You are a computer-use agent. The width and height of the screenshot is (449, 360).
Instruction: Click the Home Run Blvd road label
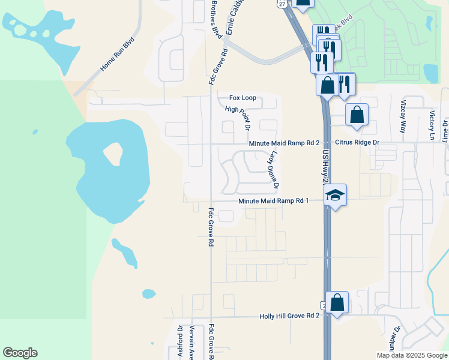click(x=118, y=55)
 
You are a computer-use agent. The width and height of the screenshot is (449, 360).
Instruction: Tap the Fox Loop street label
click(x=243, y=98)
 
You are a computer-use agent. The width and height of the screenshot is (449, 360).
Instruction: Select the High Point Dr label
click(x=237, y=118)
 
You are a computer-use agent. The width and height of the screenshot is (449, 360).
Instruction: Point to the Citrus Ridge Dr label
click(x=358, y=142)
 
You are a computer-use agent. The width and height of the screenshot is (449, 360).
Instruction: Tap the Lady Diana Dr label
click(x=274, y=168)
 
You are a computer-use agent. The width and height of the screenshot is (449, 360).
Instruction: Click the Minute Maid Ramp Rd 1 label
click(x=273, y=201)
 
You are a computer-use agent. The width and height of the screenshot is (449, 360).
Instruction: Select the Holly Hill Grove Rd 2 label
click(x=289, y=316)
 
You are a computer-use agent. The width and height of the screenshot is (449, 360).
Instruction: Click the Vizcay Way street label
click(x=403, y=117)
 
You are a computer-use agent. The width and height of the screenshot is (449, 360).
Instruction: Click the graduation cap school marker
click(x=336, y=194)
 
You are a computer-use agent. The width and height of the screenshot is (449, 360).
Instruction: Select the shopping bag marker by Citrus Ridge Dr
click(x=357, y=114)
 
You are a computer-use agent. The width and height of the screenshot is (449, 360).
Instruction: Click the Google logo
click(x=20, y=353)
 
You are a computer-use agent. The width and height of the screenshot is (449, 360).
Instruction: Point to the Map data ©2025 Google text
click(x=411, y=355)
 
